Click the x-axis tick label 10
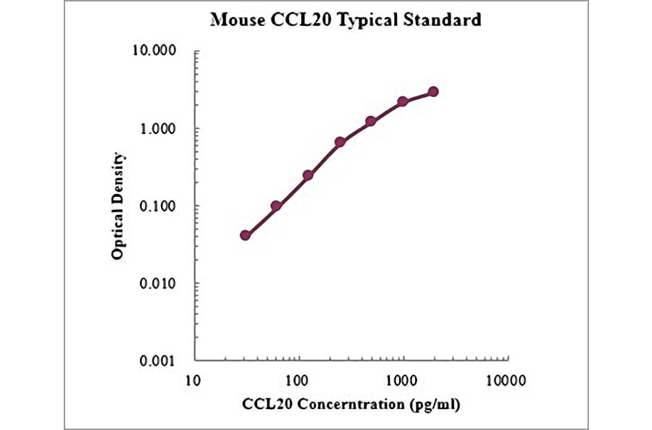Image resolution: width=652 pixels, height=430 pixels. (x=193, y=379)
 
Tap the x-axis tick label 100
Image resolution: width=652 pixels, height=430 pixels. (x=297, y=379)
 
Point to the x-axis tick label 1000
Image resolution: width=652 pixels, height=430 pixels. (x=401, y=379)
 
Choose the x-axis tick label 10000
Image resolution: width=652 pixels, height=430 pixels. (x=505, y=379)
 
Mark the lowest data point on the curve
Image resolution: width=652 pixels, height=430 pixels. (x=246, y=235)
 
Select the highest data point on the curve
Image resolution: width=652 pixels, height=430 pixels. (x=433, y=91)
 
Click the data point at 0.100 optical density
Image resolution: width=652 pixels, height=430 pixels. (x=276, y=206)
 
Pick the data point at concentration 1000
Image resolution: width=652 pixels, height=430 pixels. (x=402, y=102)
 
